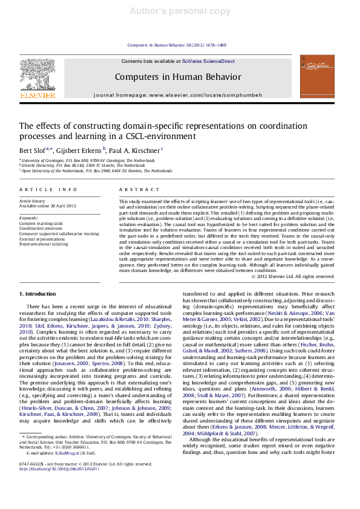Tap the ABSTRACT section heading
(x=135, y=190)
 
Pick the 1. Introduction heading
(x=38, y=294)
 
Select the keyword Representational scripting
(x=44, y=244)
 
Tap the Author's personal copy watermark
(x=180, y=11)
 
